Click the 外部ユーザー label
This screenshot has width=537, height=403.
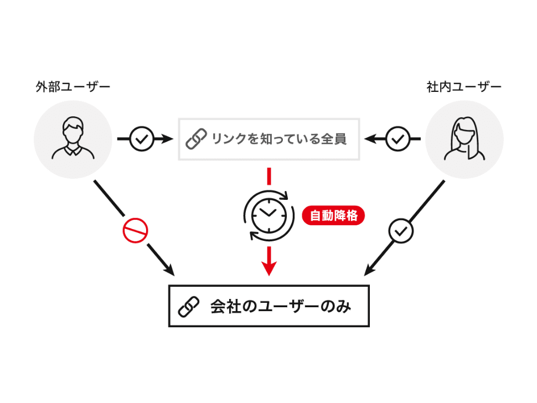click(x=73, y=87)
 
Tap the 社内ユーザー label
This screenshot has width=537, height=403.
click(x=464, y=87)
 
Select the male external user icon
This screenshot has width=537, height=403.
click(x=73, y=138)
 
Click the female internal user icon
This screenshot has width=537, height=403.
click(x=464, y=138)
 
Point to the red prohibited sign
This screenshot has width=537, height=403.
click(x=135, y=230)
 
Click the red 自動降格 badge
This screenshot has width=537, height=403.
click(x=333, y=215)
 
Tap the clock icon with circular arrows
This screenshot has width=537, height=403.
click(x=269, y=215)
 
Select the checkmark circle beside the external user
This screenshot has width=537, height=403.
click(x=141, y=139)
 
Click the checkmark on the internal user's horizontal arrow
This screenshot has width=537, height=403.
click(x=397, y=139)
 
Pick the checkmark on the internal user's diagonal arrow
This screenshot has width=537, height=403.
click(x=401, y=231)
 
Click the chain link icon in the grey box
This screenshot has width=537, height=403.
click(x=196, y=139)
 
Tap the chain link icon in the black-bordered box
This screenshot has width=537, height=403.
click(x=189, y=307)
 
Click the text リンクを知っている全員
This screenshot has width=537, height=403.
click(x=279, y=139)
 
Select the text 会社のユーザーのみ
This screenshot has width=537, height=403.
click(x=281, y=307)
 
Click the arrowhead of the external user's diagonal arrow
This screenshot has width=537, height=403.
click(x=169, y=270)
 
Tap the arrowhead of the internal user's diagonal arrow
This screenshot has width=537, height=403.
click(x=370, y=270)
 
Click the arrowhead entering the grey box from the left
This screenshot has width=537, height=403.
click(x=168, y=139)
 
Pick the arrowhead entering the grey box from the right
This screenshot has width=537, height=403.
click(x=370, y=139)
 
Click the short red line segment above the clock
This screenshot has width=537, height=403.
click(x=269, y=177)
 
